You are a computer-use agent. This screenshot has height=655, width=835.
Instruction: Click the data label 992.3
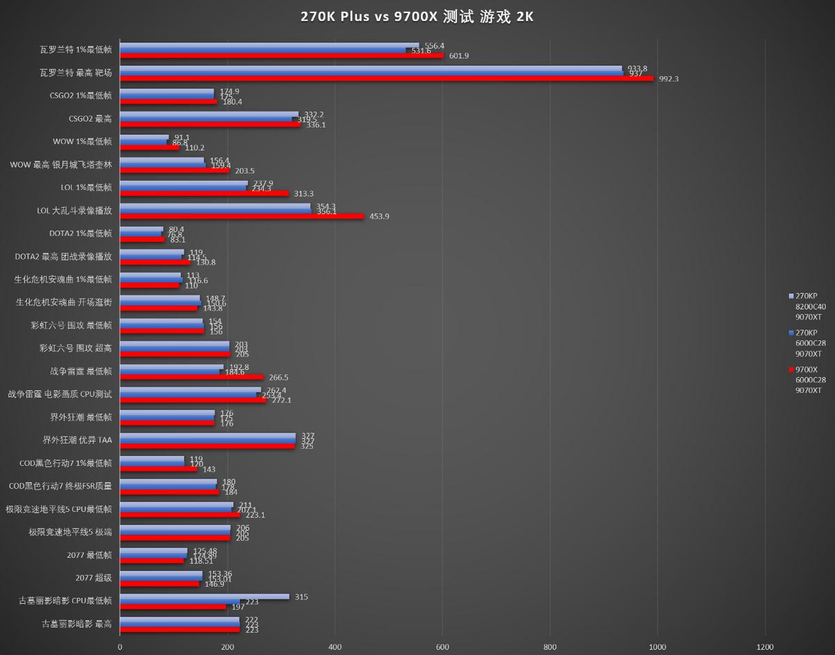click(667, 79)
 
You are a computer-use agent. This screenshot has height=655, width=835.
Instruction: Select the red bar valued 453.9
click(242, 216)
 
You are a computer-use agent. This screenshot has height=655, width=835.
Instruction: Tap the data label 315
click(301, 597)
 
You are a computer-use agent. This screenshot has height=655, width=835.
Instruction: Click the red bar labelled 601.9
click(282, 55)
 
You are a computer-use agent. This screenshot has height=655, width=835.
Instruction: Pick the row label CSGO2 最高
click(90, 119)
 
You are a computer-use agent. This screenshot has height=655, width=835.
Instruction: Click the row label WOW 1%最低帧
click(82, 142)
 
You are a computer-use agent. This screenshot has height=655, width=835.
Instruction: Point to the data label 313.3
click(304, 193)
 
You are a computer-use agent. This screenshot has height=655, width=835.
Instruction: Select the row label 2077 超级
click(93, 578)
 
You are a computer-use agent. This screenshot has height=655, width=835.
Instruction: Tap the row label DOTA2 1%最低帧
click(80, 234)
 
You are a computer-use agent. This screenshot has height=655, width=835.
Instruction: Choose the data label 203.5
click(243, 170)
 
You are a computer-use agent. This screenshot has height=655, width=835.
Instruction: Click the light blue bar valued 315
click(205, 597)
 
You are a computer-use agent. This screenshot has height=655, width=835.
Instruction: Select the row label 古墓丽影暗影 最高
click(77, 624)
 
